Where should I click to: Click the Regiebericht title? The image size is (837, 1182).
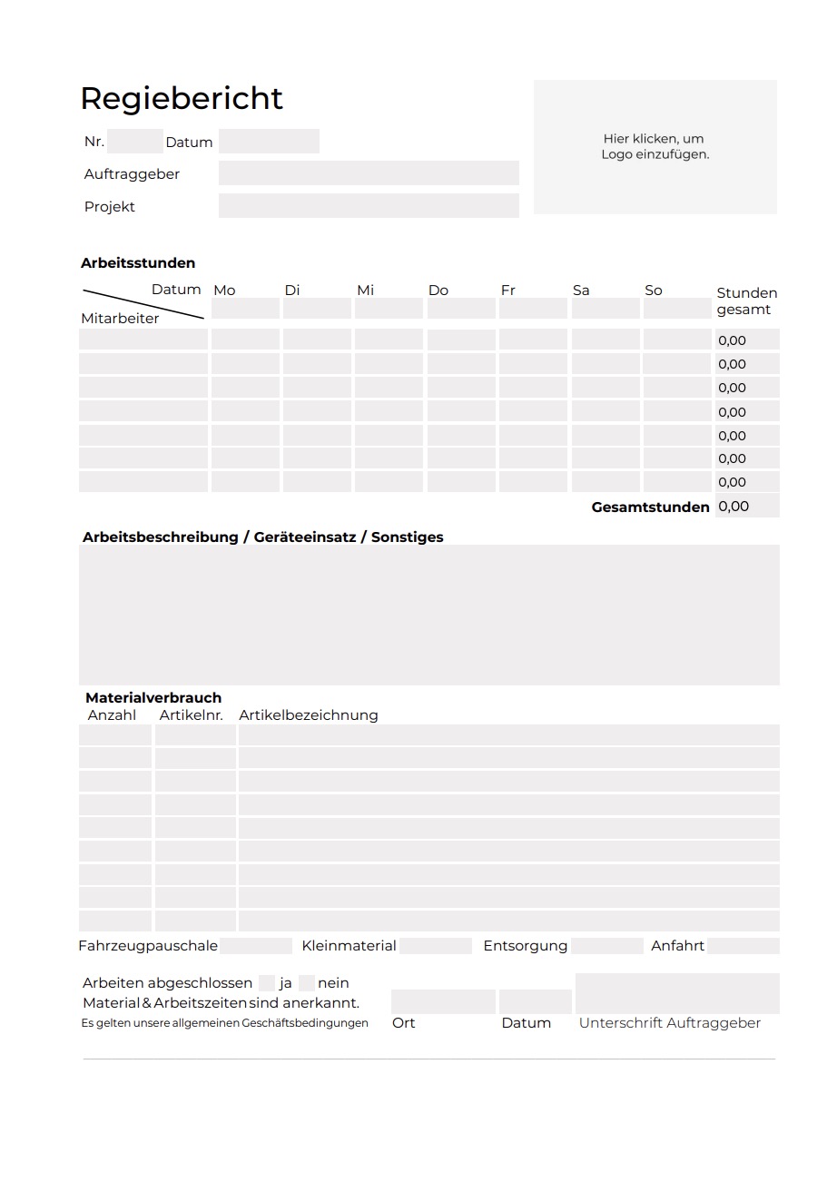coord(182,98)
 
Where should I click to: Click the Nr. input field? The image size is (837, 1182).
coord(134,142)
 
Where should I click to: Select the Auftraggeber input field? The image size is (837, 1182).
coord(369,173)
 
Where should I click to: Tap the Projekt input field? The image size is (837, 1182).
coord(369,206)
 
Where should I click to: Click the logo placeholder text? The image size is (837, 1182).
coord(655,146)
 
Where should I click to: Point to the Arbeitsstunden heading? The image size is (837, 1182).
coord(138,263)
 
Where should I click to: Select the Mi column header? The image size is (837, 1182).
coord(365,291)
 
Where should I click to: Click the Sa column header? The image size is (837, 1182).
coord(581,291)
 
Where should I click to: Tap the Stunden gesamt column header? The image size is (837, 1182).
coord(746,301)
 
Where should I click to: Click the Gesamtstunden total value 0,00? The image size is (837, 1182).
coord(734,507)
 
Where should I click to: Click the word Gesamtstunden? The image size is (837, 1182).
coord(650,507)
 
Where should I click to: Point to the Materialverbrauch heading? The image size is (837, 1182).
coord(153,698)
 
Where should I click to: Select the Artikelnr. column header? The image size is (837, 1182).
coord(191,715)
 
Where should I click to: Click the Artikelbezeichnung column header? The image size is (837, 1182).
coord(309,715)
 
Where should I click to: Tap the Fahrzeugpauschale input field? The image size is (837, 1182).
coord(256,946)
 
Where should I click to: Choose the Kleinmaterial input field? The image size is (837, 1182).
coord(435,946)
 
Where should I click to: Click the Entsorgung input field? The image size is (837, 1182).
coord(606,946)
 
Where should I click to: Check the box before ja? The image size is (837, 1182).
coord(266,983)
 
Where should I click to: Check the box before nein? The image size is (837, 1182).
coord(306,983)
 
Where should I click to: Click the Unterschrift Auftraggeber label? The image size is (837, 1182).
coord(670,1023)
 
